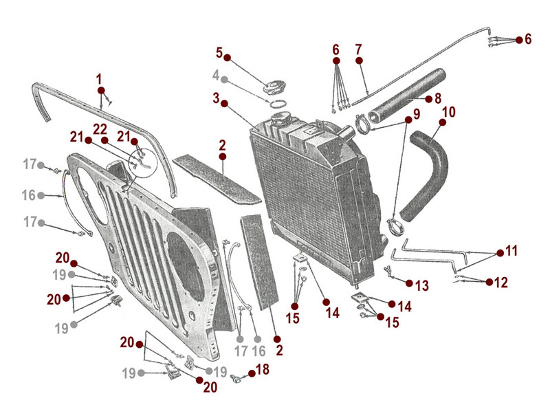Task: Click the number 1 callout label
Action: pyautogui.click(x=100, y=78)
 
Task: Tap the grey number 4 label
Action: pyautogui.click(x=215, y=74)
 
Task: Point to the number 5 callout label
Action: pyautogui.click(x=219, y=52)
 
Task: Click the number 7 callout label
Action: pyautogui.click(x=358, y=49)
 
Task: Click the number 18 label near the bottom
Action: pyautogui.click(x=262, y=371)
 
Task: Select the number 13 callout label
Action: pyautogui.click(x=421, y=284)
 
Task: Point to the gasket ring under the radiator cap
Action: pyautogui.click(x=278, y=104)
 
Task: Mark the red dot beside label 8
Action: pyautogui.click(x=428, y=99)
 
